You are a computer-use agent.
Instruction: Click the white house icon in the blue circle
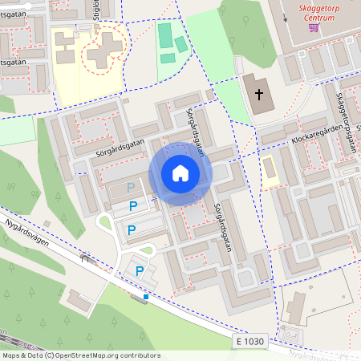[x=180, y=172]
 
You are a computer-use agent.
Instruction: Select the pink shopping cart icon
[x=313, y=26]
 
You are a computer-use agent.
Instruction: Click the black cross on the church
[x=258, y=94]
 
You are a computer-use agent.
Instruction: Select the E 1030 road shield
[x=249, y=342]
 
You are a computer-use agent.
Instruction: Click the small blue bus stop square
[x=146, y=297]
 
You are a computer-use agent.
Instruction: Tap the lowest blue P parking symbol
[x=140, y=272]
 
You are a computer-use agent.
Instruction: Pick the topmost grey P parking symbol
[x=132, y=187]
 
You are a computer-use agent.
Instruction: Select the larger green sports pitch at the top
[x=165, y=36]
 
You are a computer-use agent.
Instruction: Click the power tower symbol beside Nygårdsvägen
[x=83, y=259]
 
